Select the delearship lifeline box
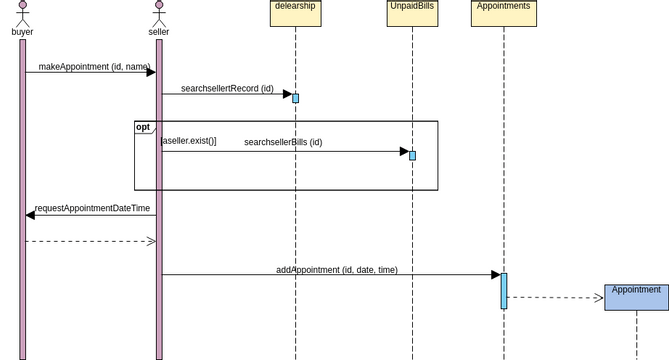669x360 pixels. (295, 13)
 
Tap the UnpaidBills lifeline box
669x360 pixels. (412, 13)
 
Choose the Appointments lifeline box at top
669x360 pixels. (503, 13)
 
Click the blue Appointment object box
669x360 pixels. (636, 297)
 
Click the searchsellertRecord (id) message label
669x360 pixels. (227, 89)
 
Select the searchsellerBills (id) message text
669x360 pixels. (283, 143)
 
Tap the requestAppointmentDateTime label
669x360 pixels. (92, 209)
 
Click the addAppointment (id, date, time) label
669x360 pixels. (337, 270)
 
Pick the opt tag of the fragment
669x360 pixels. (143, 128)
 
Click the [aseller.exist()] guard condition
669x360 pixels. (188, 142)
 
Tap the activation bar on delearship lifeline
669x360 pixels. (295, 98)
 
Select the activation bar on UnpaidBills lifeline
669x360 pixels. (412, 155)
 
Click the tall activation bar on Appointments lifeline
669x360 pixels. (504, 290)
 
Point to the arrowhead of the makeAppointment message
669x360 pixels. (150, 72)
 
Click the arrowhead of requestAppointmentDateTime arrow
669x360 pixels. (31, 215)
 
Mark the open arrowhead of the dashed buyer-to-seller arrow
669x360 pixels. (151, 241)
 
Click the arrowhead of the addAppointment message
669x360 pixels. (495, 275)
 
